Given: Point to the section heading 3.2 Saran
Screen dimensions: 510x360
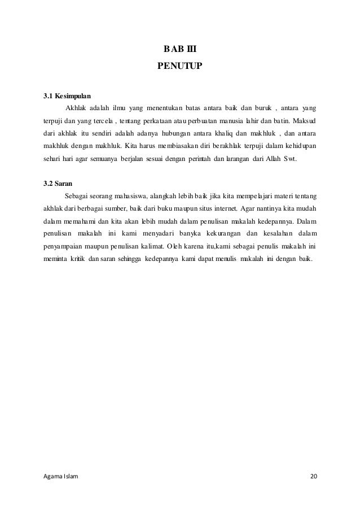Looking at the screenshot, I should [x=59, y=183].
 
